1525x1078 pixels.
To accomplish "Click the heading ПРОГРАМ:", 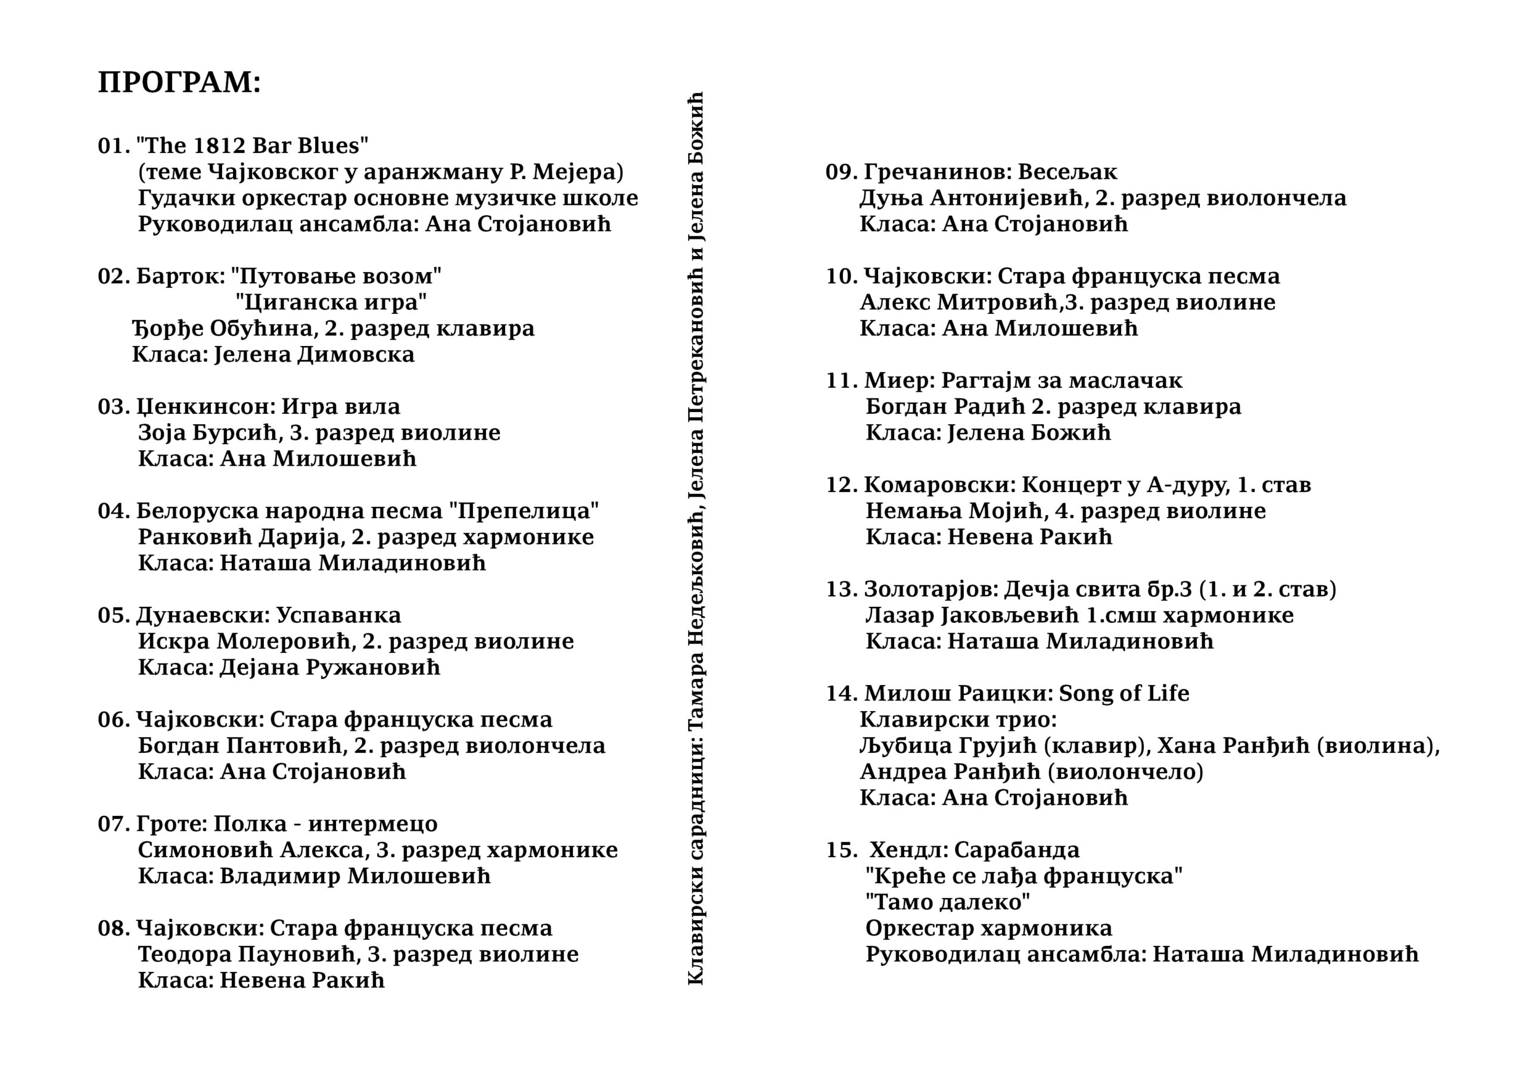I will [179, 83].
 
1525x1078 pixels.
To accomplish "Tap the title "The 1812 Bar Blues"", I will [253, 145].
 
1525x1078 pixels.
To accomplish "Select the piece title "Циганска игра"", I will [331, 302].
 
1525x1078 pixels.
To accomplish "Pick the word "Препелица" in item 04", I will [524, 511].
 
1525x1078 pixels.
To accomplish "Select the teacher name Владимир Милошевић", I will [354, 876].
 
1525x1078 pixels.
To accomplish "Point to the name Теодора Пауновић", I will [248, 955].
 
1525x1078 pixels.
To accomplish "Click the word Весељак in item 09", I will [1067, 172].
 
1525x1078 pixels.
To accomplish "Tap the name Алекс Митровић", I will [958, 302].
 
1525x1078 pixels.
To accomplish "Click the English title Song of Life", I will [1124, 693].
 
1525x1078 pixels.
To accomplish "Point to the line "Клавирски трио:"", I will [958, 720].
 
